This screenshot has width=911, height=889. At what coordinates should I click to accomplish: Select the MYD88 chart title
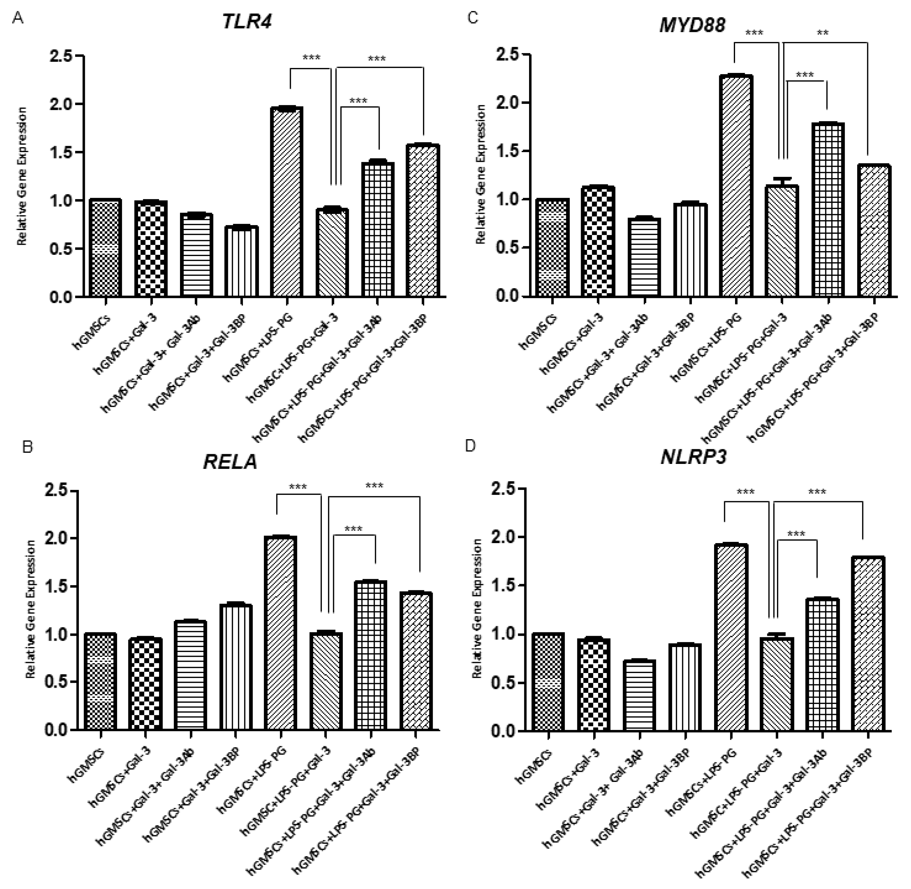coord(692,25)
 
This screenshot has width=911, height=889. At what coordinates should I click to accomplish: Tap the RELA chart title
coord(230,462)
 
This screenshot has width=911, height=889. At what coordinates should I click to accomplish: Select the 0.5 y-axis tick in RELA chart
coord(57,682)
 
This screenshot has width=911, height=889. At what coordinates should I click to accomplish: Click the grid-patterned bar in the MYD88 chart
coord(827,209)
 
